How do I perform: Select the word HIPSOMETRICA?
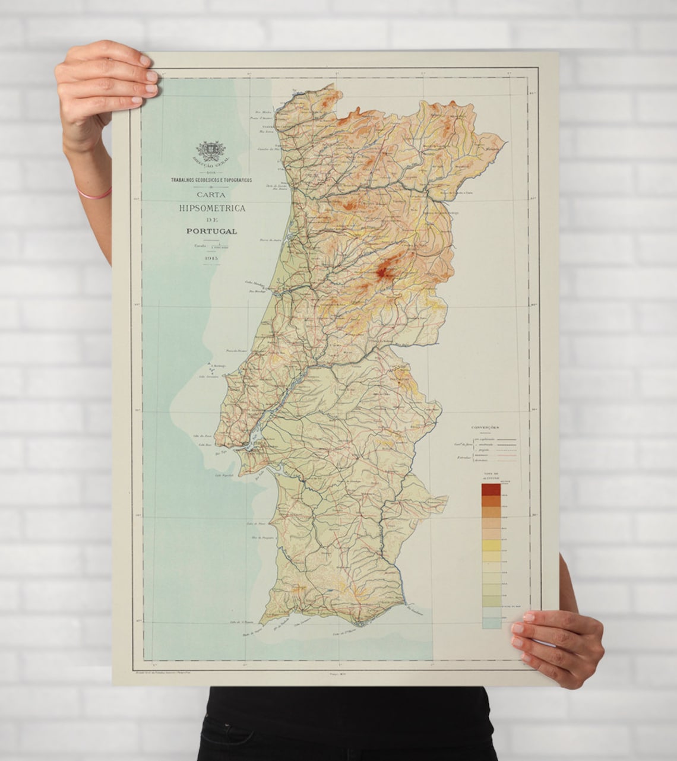coord(211,208)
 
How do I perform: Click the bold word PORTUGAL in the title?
coord(211,231)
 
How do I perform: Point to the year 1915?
coord(211,258)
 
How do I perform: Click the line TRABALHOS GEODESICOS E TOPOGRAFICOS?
coord(211,179)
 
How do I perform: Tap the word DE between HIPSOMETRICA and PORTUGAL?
coord(211,219)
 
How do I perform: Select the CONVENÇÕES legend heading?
coord(485,427)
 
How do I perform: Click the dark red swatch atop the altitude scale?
coord(491,489)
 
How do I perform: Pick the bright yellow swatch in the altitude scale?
coord(491,546)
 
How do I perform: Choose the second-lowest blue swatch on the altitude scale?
coord(491,612)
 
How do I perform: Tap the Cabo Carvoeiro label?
coord(208,376)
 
